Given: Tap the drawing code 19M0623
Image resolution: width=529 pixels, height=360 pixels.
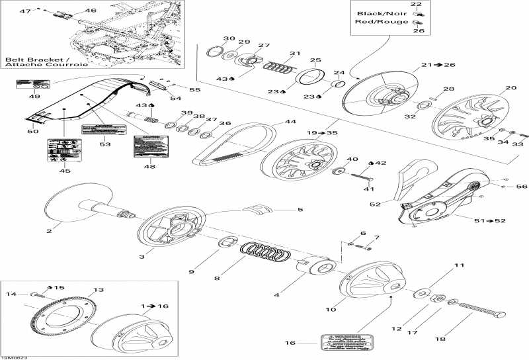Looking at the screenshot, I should click(x=15, y=355).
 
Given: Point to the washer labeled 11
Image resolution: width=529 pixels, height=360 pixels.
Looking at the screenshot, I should click(x=421, y=292).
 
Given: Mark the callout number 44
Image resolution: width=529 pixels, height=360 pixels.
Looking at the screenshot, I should click(x=290, y=122).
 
